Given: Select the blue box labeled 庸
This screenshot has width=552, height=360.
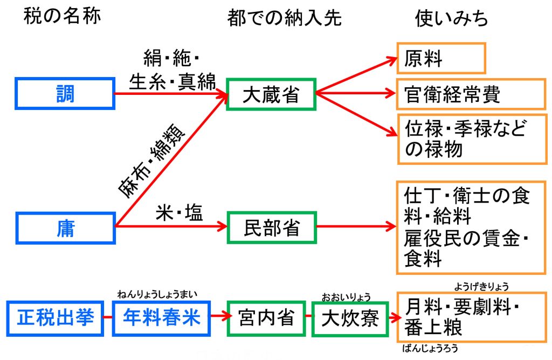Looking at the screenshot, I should pyautogui.click(x=65, y=227).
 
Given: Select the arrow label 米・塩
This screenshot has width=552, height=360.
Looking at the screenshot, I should pyautogui.click(x=179, y=213).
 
